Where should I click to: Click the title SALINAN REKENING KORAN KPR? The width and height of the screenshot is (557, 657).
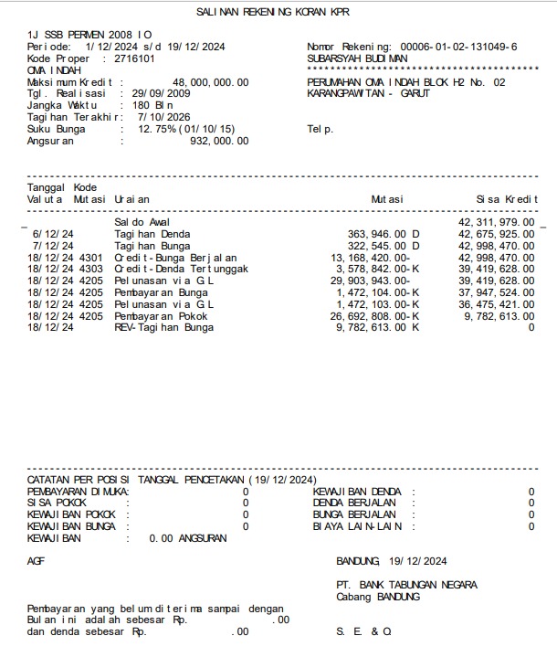[x=272, y=12]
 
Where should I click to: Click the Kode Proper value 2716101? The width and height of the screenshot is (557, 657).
[x=134, y=58]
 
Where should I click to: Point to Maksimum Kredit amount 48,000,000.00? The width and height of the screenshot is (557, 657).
[x=210, y=82]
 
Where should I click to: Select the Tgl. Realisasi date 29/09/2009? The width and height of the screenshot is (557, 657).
[x=161, y=93]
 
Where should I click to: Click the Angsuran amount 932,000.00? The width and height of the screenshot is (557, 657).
[x=218, y=141]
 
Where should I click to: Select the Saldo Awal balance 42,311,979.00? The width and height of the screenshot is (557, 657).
[x=496, y=222]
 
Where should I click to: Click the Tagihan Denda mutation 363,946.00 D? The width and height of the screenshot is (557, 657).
[x=384, y=234]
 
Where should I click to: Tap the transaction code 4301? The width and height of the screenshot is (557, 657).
[x=91, y=258]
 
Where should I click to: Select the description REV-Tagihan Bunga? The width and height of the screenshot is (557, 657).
[x=164, y=327]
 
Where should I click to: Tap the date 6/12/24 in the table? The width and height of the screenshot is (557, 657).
[x=54, y=234]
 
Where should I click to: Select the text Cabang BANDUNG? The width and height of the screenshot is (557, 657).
[x=378, y=597]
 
